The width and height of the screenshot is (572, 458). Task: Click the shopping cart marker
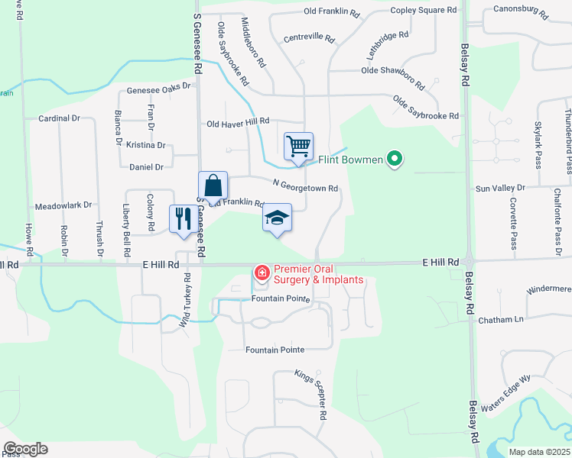(298, 146)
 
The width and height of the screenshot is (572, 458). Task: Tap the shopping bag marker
(213, 185)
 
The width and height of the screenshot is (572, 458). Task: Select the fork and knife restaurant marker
(183, 219)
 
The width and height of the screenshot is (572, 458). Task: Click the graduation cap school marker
(277, 219)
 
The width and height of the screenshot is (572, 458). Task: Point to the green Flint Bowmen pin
(395, 160)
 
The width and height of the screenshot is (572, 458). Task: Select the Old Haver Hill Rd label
(239, 122)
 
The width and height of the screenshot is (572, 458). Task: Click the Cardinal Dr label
(59, 118)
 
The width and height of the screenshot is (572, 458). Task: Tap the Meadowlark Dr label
(63, 205)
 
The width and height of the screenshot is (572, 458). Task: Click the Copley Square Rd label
(423, 10)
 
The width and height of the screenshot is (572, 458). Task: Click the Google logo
(25, 449)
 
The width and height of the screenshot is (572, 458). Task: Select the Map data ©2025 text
(538, 452)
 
